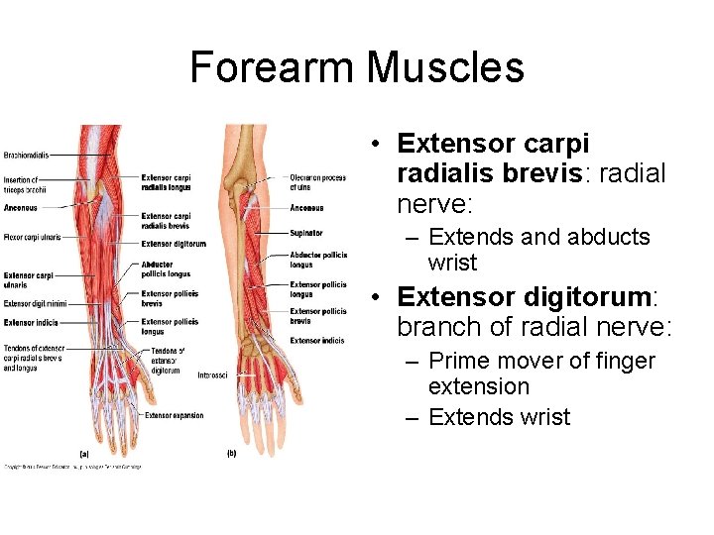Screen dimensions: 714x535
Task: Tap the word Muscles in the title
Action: click(x=444, y=67)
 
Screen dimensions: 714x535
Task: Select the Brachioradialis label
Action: click(x=27, y=155)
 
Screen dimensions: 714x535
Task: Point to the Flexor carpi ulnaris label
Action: click(x=33, y=238)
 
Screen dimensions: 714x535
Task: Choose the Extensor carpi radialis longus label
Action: click(x=167, y=182)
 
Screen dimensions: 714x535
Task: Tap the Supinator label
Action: click(x=306, y=233)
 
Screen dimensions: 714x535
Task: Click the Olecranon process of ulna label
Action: click(x=317, y=182)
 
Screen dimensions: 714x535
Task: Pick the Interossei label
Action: click(x=212, y=375)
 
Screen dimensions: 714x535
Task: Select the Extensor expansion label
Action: click(x=174, y=415)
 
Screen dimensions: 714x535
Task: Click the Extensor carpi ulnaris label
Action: click(x=29, y=279)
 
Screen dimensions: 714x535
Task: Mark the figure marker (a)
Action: click(x=84, y=454)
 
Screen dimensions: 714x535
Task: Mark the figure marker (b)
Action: click(x=231, y=454)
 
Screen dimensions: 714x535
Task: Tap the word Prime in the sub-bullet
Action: click(x=461, y=361)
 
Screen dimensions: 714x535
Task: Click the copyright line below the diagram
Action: click(x=72, y=466)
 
